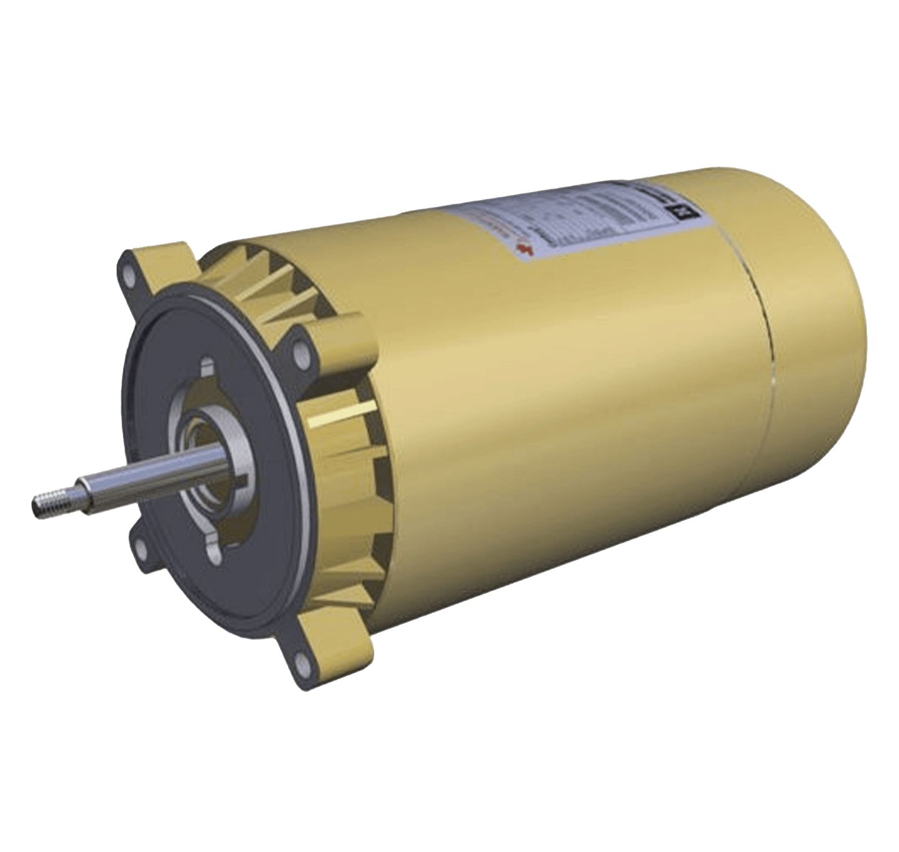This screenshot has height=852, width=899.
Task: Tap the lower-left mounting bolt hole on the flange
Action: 141,547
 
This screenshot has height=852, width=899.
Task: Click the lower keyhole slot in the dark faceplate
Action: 213,553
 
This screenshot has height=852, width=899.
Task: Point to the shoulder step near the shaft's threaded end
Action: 78,491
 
